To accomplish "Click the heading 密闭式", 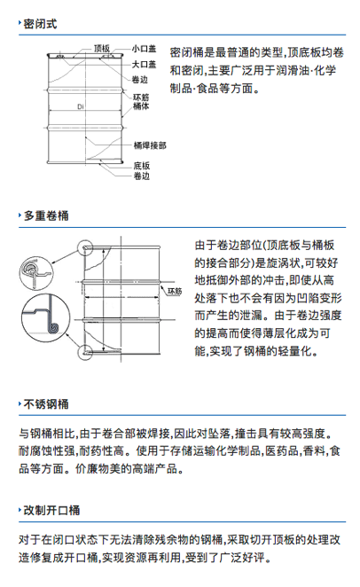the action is coord(40,24).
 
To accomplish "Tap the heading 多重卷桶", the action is coord(46,215).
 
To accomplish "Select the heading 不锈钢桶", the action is coord(46,404).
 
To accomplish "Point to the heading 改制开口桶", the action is coord(51,510).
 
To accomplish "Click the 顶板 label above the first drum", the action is coord(102,48).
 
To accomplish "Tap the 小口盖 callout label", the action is coord(144,49).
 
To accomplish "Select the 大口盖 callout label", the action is coord(144,65).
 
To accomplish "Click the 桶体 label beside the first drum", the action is coord(141,106).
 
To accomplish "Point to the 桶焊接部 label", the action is coord(150,145).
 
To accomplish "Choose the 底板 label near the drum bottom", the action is coord(142,166).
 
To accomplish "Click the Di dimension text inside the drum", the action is coord(81,106).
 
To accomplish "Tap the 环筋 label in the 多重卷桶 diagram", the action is coord(175,291).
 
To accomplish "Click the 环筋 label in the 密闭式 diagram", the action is coord(141,98).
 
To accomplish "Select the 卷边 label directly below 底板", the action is coord(142,176).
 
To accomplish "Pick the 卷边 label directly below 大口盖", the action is coord(140,80).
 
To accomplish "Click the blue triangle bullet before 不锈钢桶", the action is coord(20,404).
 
